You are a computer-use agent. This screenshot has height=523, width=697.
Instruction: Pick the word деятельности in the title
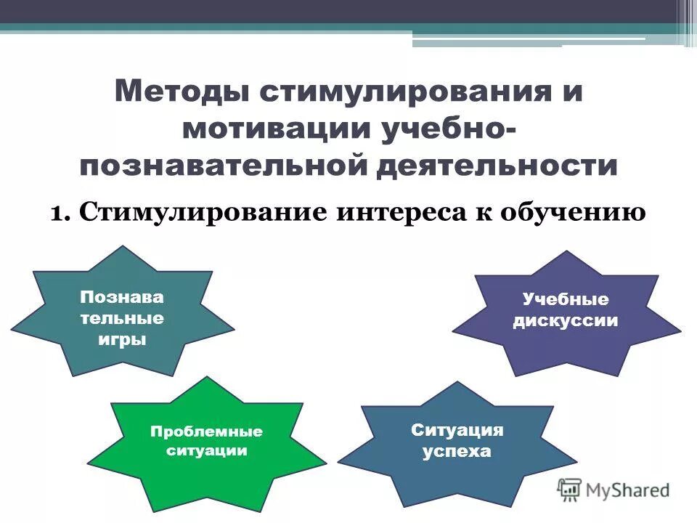(497, 166)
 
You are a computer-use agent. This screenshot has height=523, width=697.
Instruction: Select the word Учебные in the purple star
(566, 299)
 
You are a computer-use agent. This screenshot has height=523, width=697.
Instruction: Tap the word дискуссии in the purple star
(566, 320)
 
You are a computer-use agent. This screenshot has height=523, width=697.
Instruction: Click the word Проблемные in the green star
(206, 431)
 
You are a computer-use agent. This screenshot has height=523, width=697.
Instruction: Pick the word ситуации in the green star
(206, 450)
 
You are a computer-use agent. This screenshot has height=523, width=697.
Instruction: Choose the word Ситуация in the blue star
(457, 429)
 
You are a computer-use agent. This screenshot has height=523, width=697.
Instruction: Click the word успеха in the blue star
(457, 451)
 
